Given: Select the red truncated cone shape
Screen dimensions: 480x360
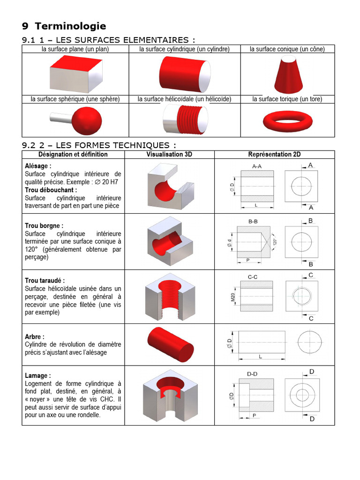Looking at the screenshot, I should click(288, 75).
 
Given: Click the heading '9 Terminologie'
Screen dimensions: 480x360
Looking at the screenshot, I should click(64, 26).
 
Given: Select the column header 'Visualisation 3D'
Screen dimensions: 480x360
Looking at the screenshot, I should click(169, 154).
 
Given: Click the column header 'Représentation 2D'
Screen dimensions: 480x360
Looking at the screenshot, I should click(274, 154).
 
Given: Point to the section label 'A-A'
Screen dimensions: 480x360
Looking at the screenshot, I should click(257, 166).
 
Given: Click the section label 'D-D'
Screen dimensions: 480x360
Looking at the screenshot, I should click(252, 373).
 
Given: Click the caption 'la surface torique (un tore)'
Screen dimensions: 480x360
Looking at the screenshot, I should click(287, 99).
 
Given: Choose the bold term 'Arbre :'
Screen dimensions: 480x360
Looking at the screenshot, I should click(35, 337).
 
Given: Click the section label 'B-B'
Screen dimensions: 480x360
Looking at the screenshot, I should click(254, 221).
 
